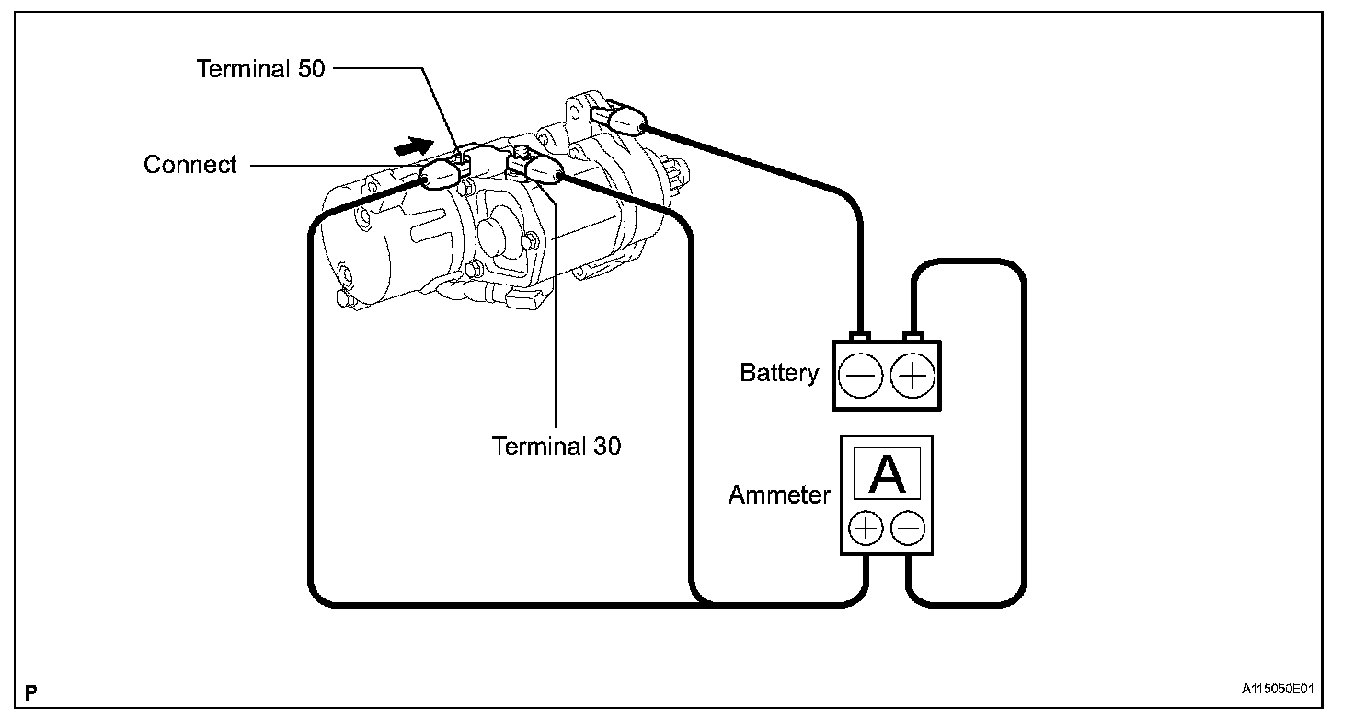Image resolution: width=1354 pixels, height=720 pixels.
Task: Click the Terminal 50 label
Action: (x=261, y=69)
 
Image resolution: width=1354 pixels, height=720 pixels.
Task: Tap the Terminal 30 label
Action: (x=557, y=447)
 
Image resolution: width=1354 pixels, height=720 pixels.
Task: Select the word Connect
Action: (x=190, y=165)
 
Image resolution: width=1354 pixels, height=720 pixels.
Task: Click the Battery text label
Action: (x=779, y=373)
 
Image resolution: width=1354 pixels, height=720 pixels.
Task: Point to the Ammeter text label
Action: (x=779, y=495)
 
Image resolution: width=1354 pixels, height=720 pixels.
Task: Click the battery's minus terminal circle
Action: (x=860, y=377)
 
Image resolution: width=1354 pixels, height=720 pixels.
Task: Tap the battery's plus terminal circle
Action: (x=914, y=377)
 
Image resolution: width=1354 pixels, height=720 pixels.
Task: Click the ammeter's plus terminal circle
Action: (x=866, y=528)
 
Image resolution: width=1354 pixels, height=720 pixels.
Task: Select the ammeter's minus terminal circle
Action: (x=908, y=528)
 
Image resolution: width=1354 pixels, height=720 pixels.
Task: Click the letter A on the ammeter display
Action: (x=888, y=474)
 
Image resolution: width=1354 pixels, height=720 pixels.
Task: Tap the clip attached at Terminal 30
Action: (x=538, y=168)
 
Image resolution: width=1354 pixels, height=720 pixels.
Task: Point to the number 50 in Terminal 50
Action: (x=311, y=69)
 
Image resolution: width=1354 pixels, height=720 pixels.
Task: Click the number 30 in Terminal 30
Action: (x=606, y=447)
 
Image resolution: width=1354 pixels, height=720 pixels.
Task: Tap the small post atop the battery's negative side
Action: (x=861, y=336)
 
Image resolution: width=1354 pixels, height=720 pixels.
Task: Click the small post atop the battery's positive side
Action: (x=912, y=336)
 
